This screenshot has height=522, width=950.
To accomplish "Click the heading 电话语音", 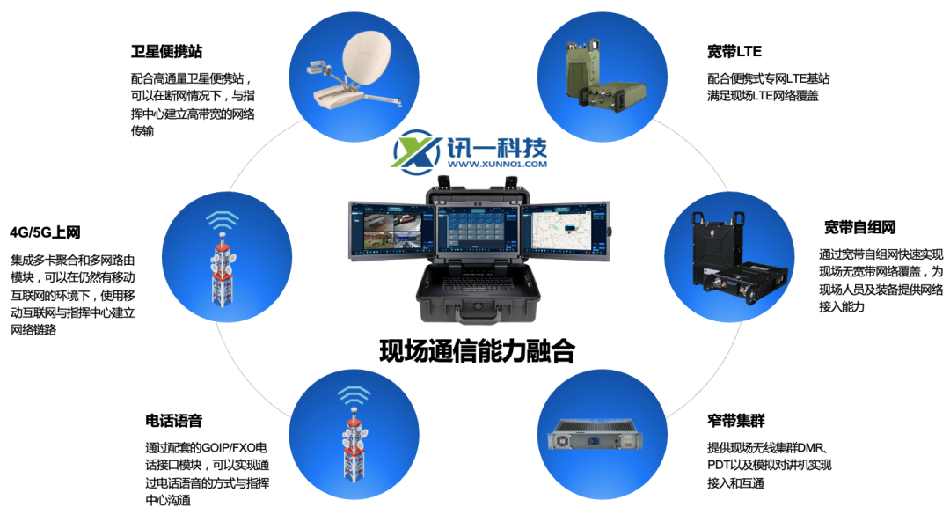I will pyautogui.click(x=174, y=420).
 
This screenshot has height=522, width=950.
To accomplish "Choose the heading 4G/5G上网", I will pyautogui.click(x=45, y=233).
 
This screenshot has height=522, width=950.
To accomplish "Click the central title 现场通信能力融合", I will pyautogui.click(x=477, y=351).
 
